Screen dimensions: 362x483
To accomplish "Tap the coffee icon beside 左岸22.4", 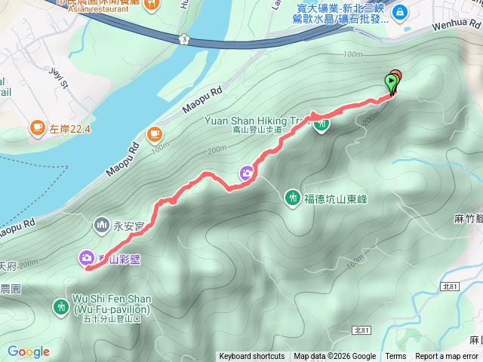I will (x=37, y=129).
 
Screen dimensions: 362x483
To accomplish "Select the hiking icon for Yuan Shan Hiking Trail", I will (x=321, y=124).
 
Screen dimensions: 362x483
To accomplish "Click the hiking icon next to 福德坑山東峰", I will (x=292, y=198).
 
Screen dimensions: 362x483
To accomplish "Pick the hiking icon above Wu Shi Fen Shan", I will (x=60, y=306).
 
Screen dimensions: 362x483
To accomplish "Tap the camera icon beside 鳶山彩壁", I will (x=85, y=259).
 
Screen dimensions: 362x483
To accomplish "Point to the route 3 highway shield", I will (x=184, y=38).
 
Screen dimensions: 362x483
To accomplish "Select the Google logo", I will (x=28, y=351).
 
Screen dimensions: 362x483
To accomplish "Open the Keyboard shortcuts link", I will (x=252, y=357).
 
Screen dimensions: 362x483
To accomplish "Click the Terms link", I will (x=395, y=357).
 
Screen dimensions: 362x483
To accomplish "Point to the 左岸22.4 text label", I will (x=70, y=129).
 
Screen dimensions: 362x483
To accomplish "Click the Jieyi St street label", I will (x=58, y=78).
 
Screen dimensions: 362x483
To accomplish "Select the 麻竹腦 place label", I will (x=469, y=219).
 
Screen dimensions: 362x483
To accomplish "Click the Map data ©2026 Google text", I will (x=334, y=357).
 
